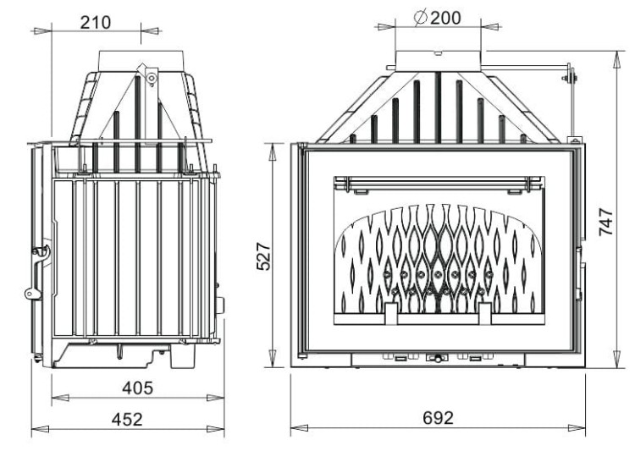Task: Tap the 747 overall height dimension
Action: click(607, 221)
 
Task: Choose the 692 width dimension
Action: click(438, 418)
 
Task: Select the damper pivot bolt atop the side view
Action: click(151, 78)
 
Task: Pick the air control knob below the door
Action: click(437, 358)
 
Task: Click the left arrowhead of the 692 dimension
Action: click(295, 429)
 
